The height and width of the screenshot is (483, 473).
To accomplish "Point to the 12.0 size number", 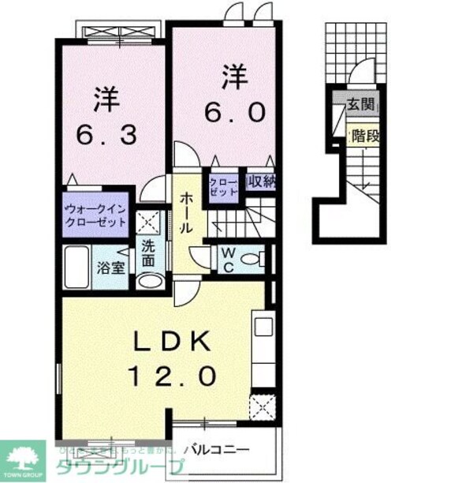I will tap(169, 377).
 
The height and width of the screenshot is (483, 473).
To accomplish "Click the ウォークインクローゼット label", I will tap(95, 216).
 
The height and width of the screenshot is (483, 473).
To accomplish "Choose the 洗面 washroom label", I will tap(148, 252).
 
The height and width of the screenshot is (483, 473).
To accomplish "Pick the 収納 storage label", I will tap(261, 182).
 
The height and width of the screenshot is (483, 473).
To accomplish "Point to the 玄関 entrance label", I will tap(361, 104).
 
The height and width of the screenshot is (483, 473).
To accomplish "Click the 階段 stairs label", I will tap(365, 135).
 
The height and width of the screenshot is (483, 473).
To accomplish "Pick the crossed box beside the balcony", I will tap(261, 407).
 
